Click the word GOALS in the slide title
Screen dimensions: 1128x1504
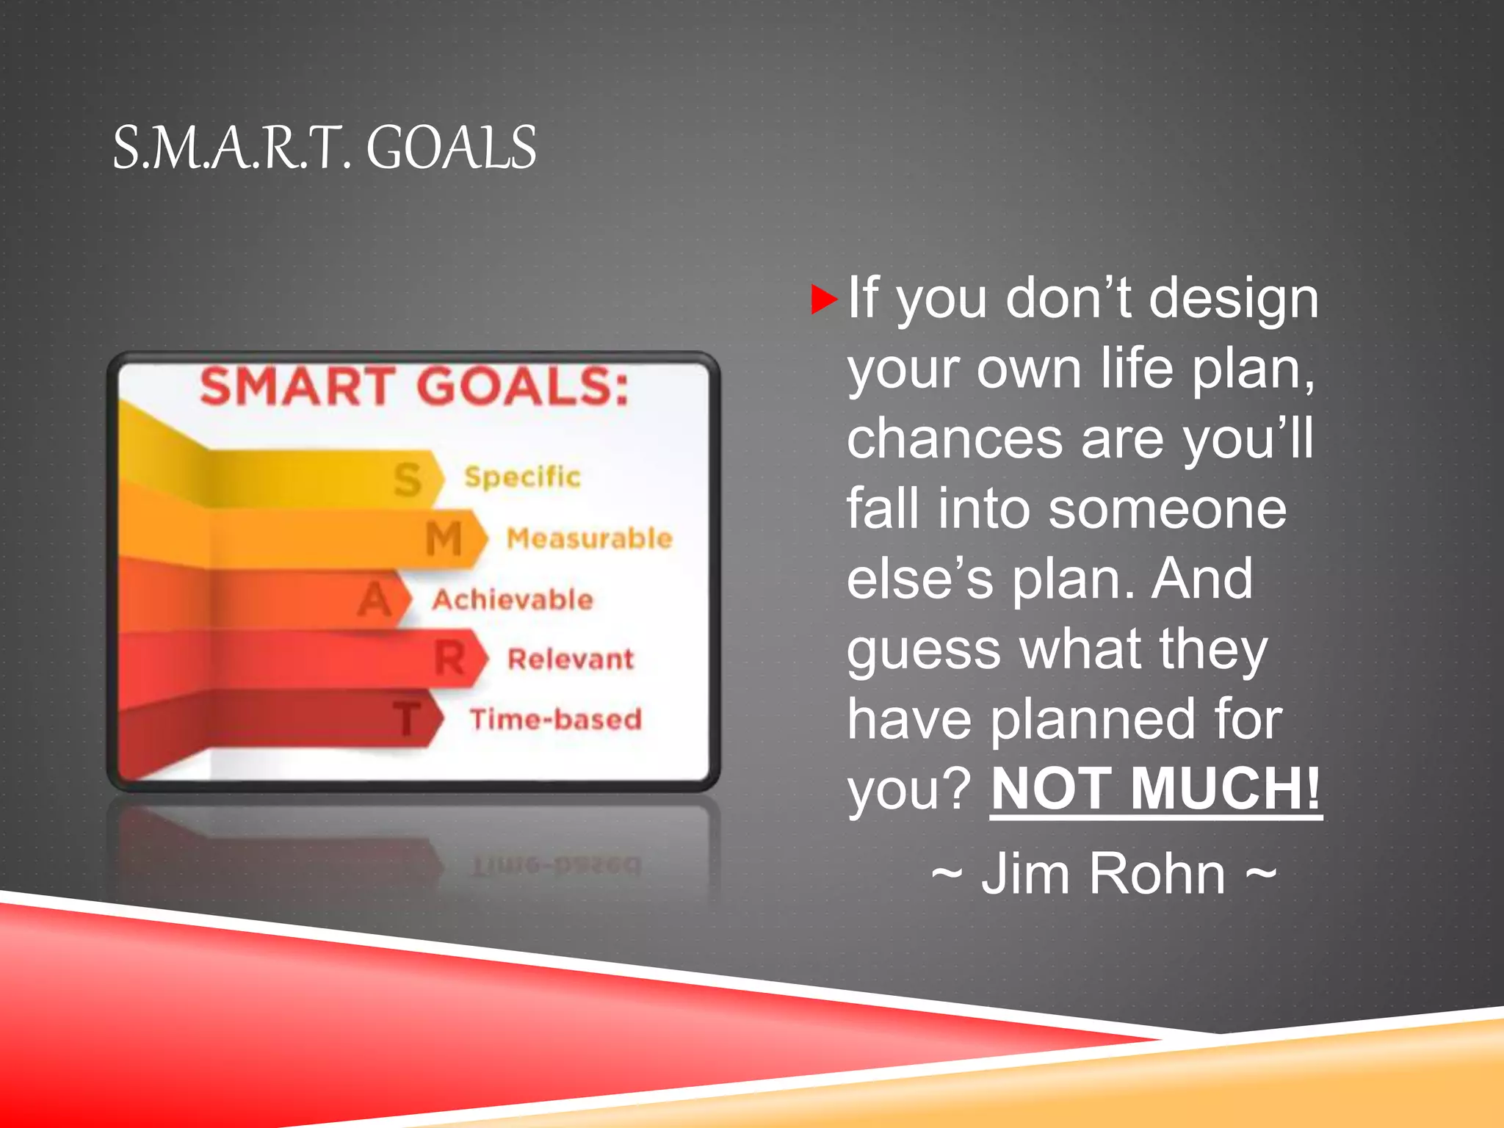(x=451, y=148)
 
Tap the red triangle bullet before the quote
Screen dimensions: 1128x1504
(x=823, y=299)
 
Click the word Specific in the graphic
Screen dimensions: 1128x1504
(x=522, y=477)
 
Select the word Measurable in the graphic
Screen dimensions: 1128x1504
(x=590, y=538)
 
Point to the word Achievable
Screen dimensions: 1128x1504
(x=512, y=599)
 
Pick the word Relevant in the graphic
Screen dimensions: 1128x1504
(x=571, y=659)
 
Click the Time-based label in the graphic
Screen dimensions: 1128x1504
(x=556, y=719)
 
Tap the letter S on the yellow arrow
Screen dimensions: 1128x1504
(x=408, y=480)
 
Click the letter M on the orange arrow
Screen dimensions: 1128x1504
(x=444, y=539)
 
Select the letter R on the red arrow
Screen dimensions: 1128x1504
(x=449, y=658)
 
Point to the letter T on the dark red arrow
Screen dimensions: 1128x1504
(x=407, y=718)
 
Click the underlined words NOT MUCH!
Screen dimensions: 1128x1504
(x=1155, y=788)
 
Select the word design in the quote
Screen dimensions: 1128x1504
(x=1233, y=299)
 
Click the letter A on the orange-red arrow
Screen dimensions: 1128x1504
(x=375, y=599)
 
